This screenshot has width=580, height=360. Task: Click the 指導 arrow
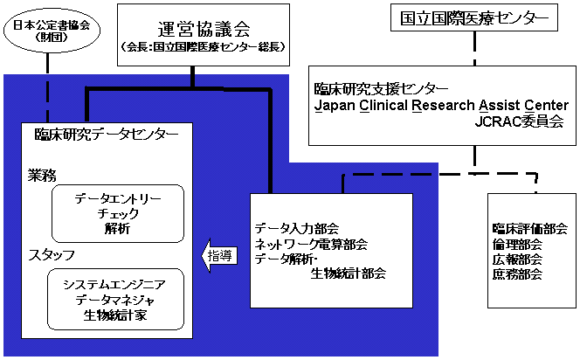pos(218,255)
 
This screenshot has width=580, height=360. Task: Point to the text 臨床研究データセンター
pos(107,135)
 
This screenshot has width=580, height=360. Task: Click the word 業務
pos(43,176)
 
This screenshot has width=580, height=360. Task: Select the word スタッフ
pos(52,255)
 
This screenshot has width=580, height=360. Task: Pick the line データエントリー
pos(118,198)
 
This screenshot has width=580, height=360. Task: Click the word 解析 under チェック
pos(117,229)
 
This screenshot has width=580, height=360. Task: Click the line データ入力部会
pos(296,227)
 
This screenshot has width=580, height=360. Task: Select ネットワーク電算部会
pos(311,243)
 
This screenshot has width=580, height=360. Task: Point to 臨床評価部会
pos(529,229)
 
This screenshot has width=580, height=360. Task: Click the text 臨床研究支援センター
pos(382,89)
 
